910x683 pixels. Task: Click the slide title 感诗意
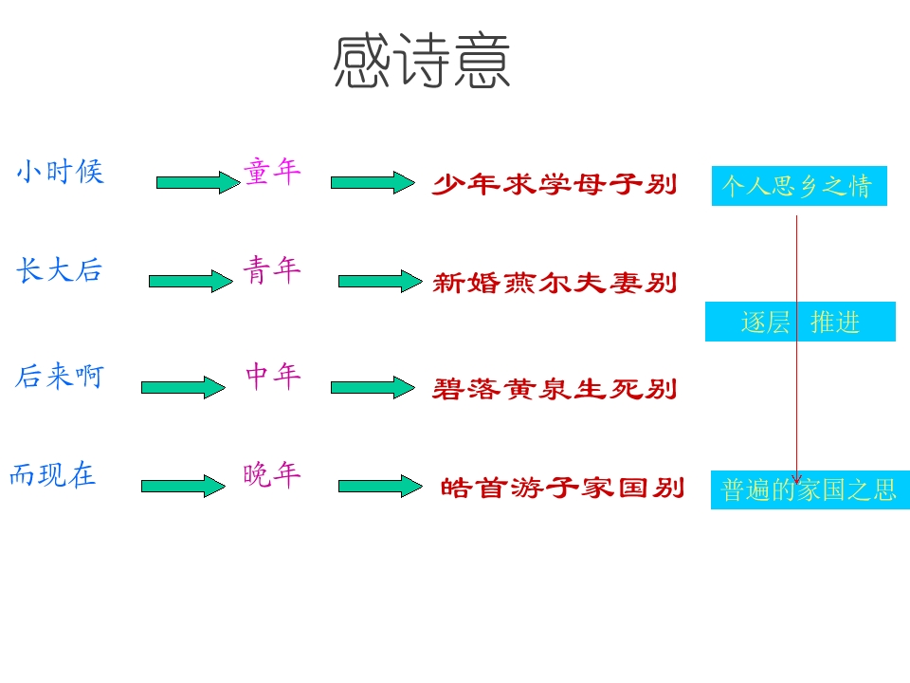422,63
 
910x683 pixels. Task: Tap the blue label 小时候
60,172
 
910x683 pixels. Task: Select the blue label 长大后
58,270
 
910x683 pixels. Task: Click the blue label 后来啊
59,377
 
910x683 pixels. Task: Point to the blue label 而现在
53,474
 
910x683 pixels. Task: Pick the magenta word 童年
272,172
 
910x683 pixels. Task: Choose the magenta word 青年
272,270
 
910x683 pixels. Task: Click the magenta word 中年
273,377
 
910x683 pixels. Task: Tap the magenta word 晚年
272,474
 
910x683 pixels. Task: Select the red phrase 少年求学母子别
555,185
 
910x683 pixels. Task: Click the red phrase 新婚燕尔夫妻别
555,283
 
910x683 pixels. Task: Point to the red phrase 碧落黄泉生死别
555,389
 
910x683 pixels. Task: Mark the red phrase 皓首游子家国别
562,489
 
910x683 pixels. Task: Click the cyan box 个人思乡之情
798,186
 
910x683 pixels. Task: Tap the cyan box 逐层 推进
800,322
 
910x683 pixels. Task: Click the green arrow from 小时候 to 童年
198,182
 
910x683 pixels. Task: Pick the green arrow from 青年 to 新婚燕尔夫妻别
379,281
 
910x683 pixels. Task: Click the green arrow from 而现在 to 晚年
183,486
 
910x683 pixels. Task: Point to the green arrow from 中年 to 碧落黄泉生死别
373,387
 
